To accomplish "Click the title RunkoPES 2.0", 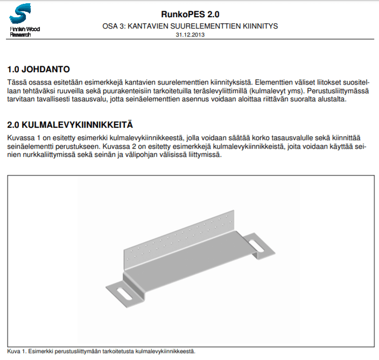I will click(190, 14).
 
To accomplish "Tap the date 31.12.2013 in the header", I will click(190, 34).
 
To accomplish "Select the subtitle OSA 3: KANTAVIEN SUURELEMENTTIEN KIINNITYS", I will click(190, 26).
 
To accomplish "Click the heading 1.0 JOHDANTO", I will click(39, 70).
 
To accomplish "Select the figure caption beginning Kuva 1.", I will click(101, 351).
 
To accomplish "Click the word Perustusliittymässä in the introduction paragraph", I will click(339, 91).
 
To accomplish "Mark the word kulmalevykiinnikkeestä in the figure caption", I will click(164, 351).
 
